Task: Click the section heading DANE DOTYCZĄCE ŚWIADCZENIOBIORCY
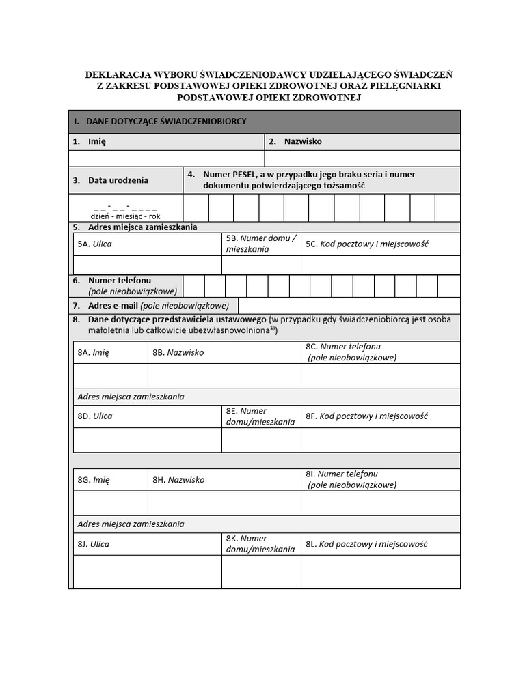[166, 122]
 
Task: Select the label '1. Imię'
[90, 142]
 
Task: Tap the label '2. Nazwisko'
[295, 142]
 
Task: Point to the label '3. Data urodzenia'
[111, 181]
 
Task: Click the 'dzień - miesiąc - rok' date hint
[126, 216]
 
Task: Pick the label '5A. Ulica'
[95, 244]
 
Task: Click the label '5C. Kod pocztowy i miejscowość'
[366, 244]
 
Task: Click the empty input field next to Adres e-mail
[349, 306]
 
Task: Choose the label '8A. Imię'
[94, 353]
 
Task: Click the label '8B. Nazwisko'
[178, 353]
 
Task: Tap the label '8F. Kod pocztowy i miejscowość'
[366, 416]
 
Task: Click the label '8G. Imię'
[94, 480]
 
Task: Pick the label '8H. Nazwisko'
[178, 480]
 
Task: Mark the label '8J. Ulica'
[94, 545]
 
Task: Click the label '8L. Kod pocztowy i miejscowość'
[366, 545]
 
